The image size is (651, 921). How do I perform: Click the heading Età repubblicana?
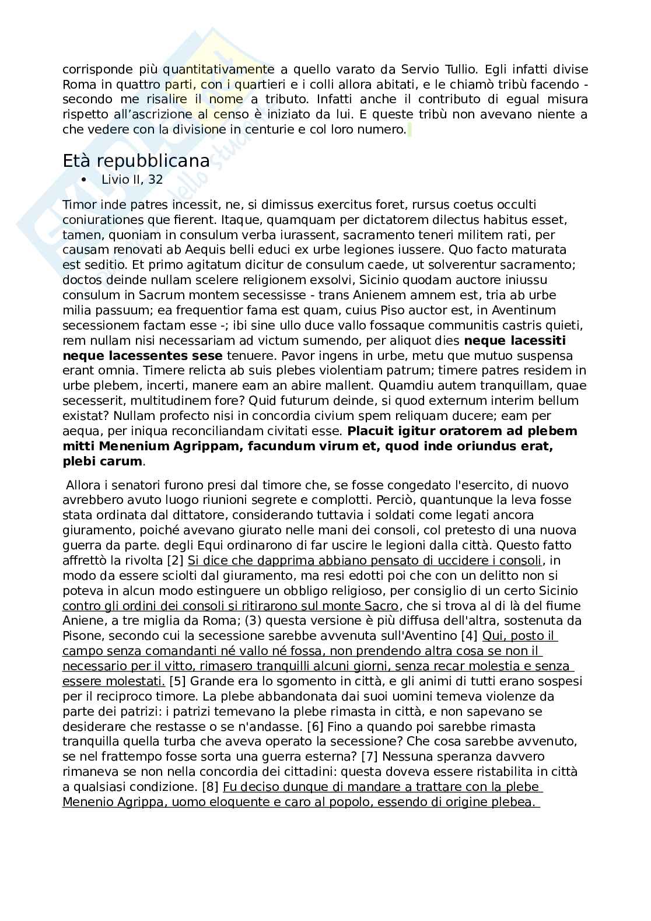point(136,161)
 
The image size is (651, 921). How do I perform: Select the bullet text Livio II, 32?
point(132,180)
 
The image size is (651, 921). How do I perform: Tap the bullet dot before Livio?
point(85,180)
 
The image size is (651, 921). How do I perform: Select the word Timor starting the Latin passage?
point(78,205)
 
